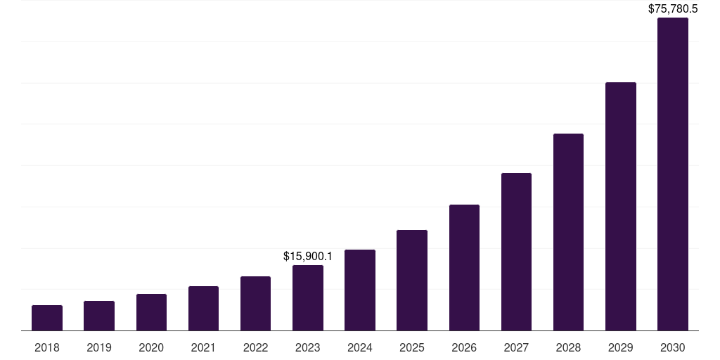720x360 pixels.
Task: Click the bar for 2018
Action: [x=47, y=318]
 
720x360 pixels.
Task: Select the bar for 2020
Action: [x=151, y=312]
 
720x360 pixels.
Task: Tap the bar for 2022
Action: [x=255, y=304]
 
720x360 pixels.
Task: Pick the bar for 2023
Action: [x=308, y=298]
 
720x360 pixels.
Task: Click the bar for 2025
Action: [x=412, y=281]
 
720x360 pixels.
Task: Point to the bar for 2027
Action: [x=516, y=252]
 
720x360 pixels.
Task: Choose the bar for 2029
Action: [x=621, y=207]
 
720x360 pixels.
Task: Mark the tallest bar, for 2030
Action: [x=673, y=174]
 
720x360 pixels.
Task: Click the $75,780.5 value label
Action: [x=673, y=9]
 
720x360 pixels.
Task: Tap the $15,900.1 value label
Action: [x=308, y=257]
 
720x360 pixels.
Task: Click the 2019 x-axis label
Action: [x=99, y=347]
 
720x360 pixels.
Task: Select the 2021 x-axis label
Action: [x=203, y=347]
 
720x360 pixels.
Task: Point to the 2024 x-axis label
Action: [x=360, y=347]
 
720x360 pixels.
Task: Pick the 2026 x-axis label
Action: [x=464, y=347]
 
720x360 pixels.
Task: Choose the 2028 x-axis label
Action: [x=568, y=347]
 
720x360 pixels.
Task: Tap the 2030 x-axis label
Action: [x=673, y=347]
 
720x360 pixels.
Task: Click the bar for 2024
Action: [x=360, y=290]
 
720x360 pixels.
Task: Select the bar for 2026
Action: [x=464, y=268]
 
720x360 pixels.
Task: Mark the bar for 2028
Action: [x=568, y=232]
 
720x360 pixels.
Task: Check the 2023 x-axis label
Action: [x=308, y=347]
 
